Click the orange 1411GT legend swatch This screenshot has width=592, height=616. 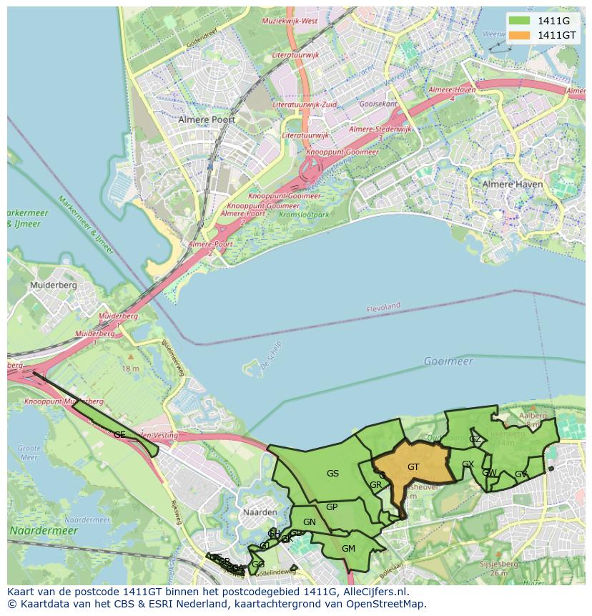[520, 35]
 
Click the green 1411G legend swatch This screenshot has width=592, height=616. [520, 20]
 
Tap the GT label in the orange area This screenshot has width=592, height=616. [413, 467]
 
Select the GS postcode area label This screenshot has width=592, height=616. [332, 474]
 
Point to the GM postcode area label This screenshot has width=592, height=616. [348, 549]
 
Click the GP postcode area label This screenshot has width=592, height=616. [332, 507]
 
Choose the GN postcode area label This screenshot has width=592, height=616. [309, 522]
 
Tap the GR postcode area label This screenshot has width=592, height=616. [375, 485]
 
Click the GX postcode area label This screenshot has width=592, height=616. [468, 465]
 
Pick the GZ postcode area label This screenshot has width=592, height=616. [475, 439]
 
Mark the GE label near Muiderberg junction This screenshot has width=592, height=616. [119, 435]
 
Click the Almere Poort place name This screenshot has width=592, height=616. [207, 119]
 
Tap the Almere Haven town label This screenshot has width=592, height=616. [513, 184]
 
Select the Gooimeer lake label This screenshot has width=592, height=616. [448, 361]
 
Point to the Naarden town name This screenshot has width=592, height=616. [260, 512]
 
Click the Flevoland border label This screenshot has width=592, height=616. [383, 307]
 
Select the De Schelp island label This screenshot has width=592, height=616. [271, 356]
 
